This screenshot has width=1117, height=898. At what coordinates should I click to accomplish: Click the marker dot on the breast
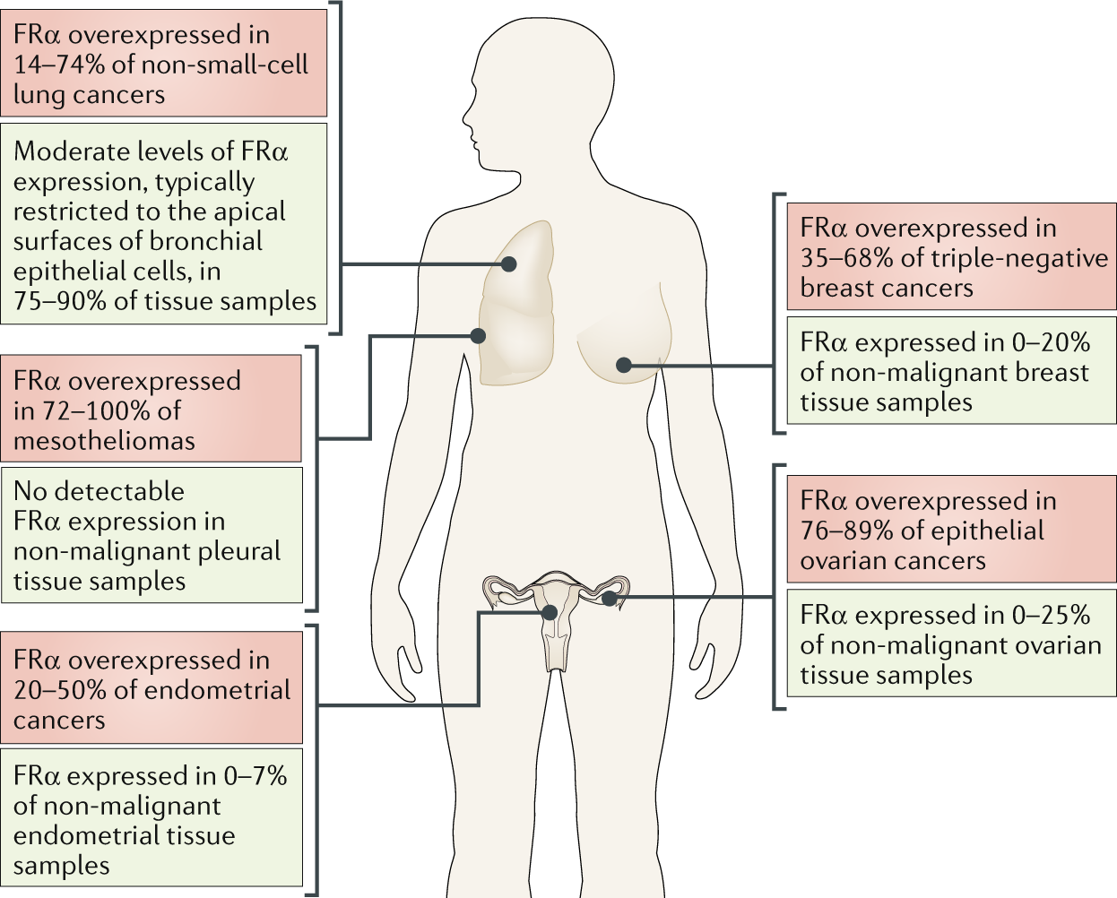tap(624, 365)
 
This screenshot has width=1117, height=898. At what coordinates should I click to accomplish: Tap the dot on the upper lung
tap(509, 264)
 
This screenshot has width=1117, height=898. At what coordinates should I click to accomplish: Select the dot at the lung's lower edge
tap(478, 336)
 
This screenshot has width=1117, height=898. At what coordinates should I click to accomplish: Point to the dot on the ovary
tap(609, 598)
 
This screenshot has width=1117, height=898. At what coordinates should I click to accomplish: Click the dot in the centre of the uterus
tap(550, 613)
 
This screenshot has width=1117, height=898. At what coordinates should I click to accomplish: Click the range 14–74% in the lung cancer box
tap(59, 65)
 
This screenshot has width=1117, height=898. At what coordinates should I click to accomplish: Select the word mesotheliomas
tap(104, 441)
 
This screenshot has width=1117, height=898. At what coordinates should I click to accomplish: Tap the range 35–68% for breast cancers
tap(846, 258)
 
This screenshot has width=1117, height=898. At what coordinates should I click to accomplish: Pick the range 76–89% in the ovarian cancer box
tap(846, 531)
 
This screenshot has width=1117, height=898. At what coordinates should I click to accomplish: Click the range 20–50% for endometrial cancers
tap(59, 690)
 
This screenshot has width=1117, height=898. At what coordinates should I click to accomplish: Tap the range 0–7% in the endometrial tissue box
tap(255, 776)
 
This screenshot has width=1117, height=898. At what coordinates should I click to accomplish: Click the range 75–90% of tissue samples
tap(59, 301)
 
